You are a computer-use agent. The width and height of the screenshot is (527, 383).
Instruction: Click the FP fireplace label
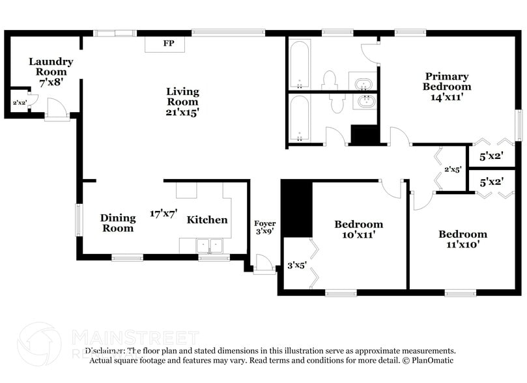(x=168, y=44)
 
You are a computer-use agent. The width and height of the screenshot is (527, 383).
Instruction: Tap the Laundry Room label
(x=51, y=66)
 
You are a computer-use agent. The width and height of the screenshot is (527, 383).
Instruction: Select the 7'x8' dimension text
(x=51, y=83)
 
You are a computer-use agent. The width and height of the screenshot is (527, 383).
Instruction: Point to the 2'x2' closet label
(x=20, y=103)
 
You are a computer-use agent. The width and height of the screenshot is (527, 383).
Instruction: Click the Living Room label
(x=182, y=96)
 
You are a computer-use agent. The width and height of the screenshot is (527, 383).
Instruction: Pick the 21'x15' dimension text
(x=182, y=112)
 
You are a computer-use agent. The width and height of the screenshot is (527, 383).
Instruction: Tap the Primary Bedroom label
(x=447, y=81)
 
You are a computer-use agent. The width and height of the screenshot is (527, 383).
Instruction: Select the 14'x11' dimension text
(x=447, y=98)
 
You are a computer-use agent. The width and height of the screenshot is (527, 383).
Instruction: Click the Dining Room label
(x=118, y=223)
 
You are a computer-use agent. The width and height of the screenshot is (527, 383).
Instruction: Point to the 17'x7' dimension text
(x=163, y=213)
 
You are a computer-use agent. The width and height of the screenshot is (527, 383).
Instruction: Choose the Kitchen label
(x=207, y=220)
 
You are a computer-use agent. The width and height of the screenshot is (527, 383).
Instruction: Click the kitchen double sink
(x=210, y=246)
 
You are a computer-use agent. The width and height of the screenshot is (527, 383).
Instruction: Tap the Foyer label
(x=264, y=223)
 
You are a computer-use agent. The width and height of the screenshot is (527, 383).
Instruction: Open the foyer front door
(x=265, y=264)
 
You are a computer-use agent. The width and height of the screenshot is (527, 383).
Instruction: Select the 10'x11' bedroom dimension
(x=358, y=235)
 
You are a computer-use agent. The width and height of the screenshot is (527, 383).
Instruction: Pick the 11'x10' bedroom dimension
(x=463, y=246)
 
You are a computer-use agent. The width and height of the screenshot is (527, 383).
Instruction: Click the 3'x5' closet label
(x=298, y=266)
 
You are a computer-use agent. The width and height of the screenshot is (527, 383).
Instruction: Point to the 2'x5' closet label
(x=453, y=169)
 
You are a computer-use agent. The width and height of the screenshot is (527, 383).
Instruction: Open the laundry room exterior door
(x=57, y=111)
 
